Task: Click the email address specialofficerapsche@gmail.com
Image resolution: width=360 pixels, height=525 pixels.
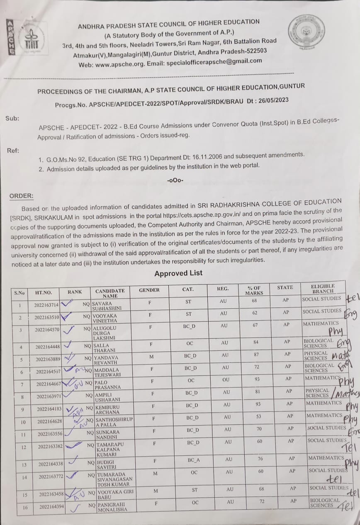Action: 214,61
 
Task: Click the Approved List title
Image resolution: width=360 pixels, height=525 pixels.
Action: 178,273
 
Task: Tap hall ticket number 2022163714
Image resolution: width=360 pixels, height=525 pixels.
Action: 47,305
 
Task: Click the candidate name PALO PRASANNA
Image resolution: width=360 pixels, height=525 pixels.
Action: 108,384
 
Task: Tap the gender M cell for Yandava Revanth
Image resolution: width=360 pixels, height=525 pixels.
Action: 151,356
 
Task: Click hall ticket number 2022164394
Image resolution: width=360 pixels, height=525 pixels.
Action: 50,507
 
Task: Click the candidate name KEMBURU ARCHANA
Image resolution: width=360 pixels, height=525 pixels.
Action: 109,410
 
